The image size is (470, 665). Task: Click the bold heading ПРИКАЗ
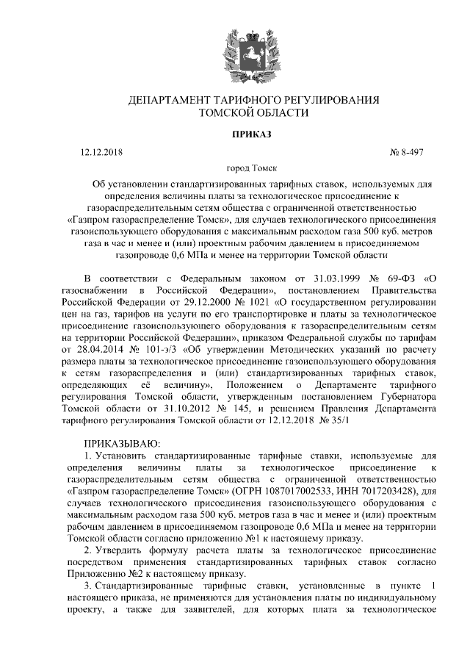coord(235,134)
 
